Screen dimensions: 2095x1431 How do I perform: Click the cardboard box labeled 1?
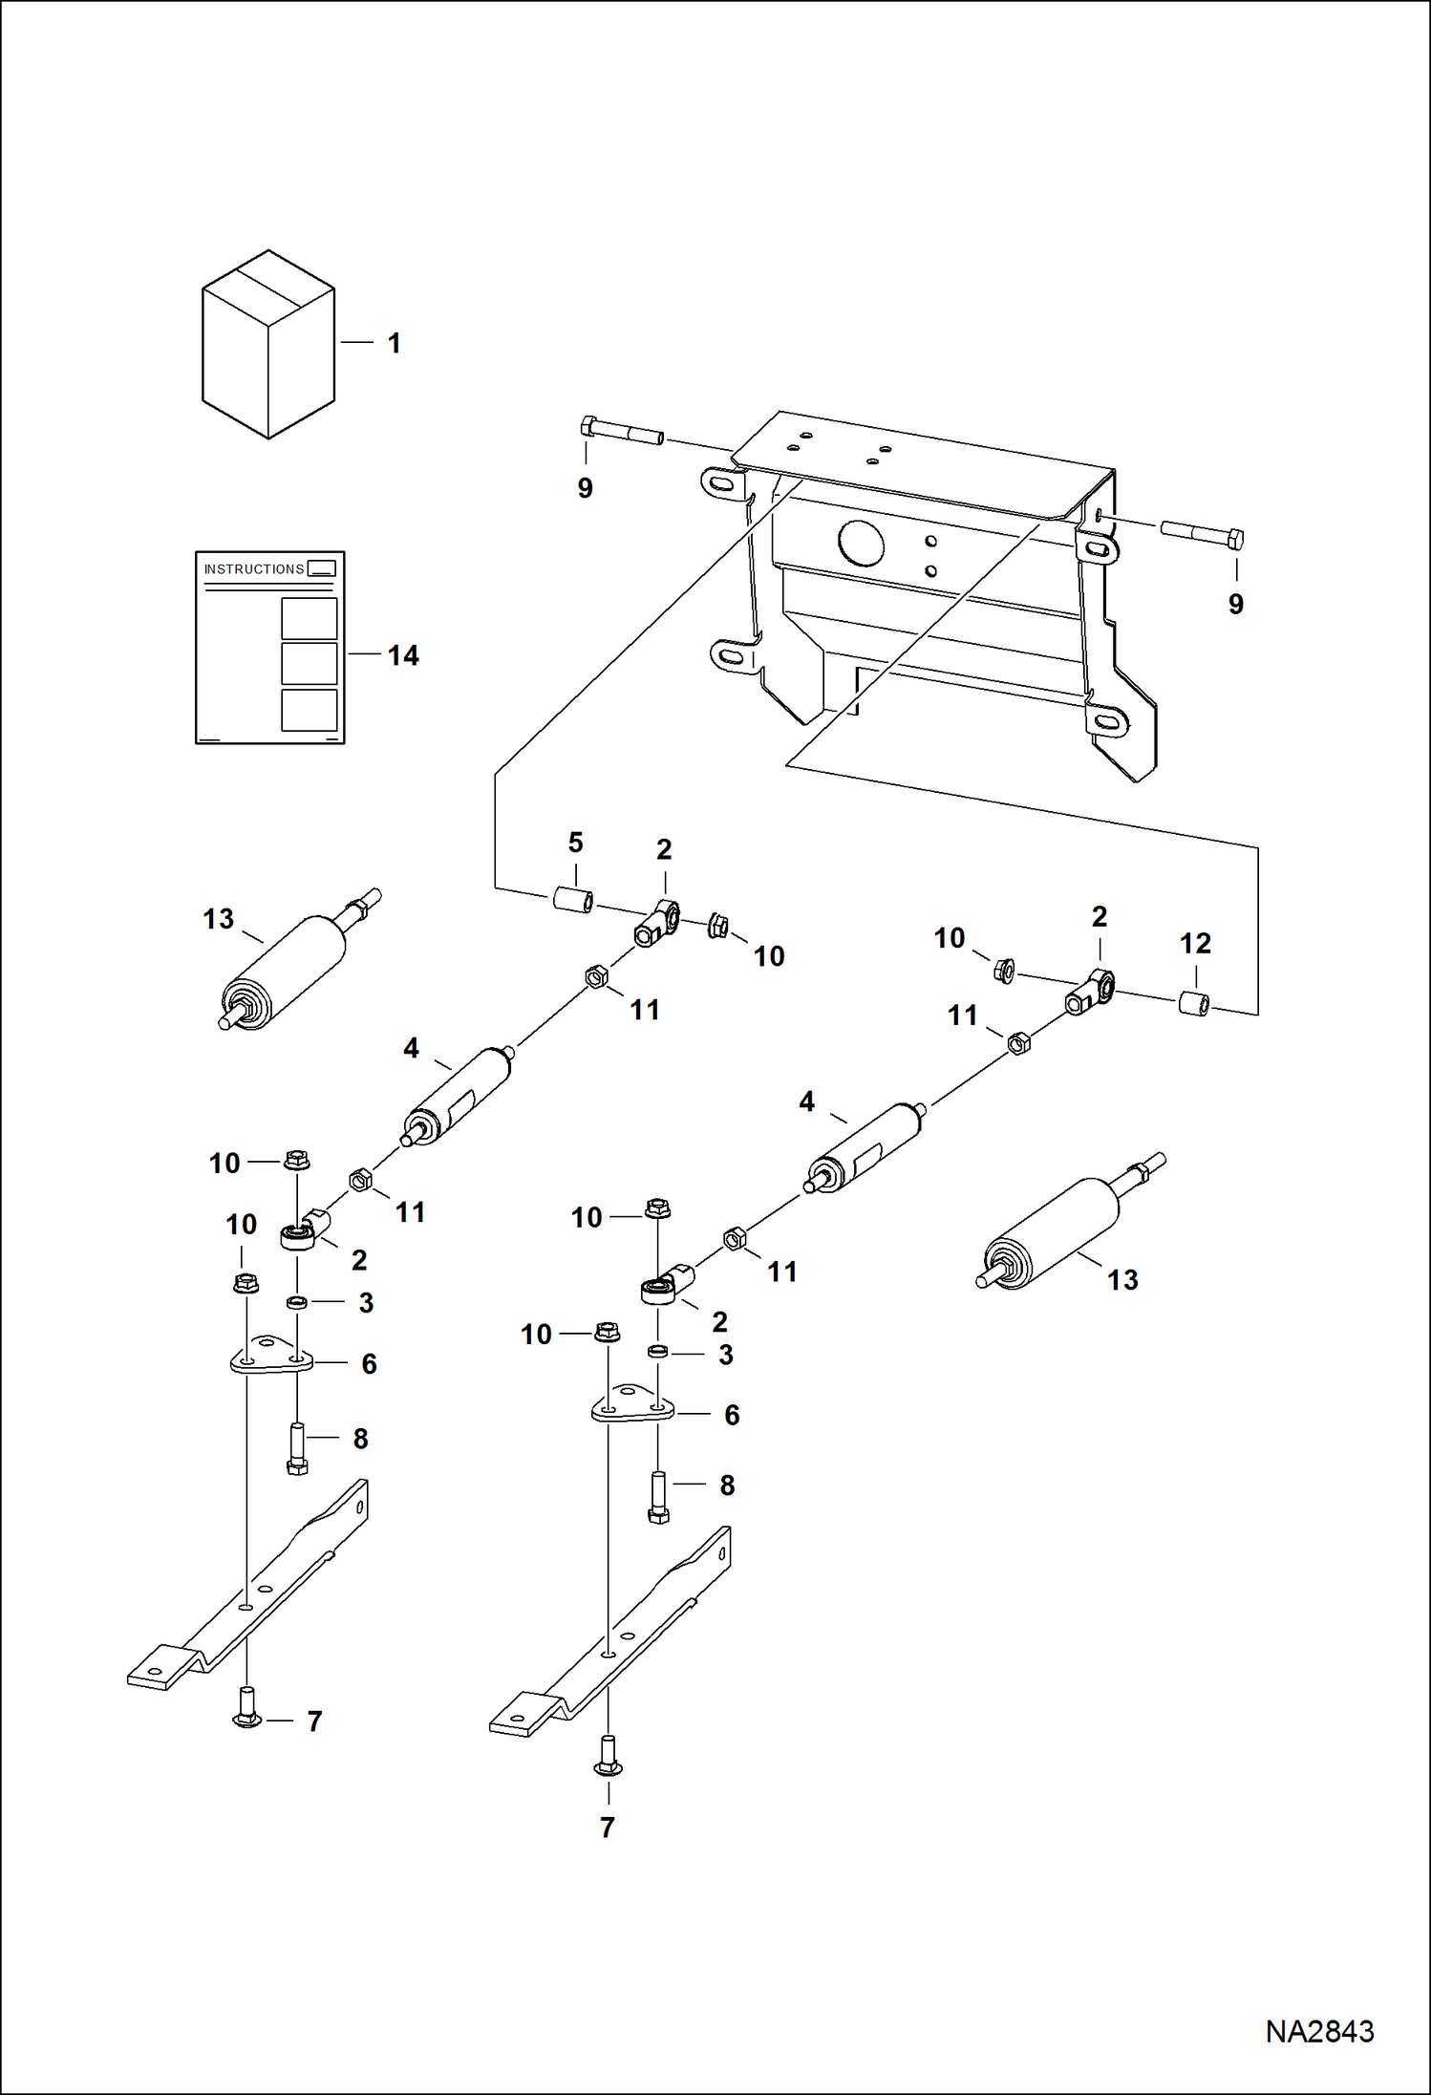click(x=268, y=346)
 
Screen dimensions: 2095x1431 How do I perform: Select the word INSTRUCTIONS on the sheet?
click(x=253, y=569)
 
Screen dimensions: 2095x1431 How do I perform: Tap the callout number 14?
click(x=403, y=655)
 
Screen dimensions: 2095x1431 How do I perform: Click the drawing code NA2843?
click(x=1319, y=2031)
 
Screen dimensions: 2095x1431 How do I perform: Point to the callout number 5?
click(x=575, y=843)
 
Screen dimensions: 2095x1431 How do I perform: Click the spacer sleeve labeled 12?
click(x=1193, y=1004)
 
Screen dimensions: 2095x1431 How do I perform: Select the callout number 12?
click(x=1195, y=943)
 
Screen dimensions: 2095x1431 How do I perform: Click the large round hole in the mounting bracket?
click(x=861, y=544)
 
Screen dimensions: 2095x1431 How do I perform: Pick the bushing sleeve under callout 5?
click(x=573, y=900)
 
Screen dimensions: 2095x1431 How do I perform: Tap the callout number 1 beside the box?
click(x=394, y=343)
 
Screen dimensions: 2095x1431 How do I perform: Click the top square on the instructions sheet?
click(x=310, y=618)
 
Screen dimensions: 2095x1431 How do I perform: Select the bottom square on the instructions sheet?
click(x=310, y=710)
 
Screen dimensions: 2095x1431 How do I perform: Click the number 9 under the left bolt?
click(x=586, y=488)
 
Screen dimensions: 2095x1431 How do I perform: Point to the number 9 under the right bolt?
click(x=1236, y=604)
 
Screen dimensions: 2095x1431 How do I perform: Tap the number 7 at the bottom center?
click(x=608, y=1828)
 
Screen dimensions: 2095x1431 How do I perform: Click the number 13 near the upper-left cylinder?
click(x=218, y=919)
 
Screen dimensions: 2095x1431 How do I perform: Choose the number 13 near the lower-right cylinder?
click(x=1122, y=1280)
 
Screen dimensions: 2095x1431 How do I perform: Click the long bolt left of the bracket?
click(x=621, y=431)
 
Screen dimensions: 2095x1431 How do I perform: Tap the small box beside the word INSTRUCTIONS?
click(x=322, y=568)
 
